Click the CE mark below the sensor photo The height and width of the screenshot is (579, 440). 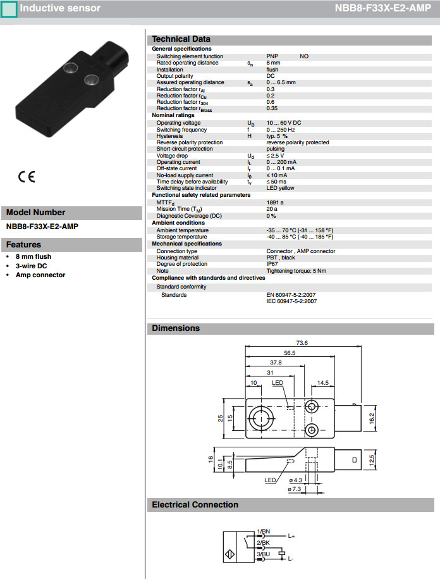click(26, 177)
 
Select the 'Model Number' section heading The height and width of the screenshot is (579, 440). click(36, 213)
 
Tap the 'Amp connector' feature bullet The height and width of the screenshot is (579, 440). click(40, 275)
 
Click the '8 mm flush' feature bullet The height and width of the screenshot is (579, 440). click(34, 256)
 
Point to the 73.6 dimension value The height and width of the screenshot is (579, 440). click(302, 342)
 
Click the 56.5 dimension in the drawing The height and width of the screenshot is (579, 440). click(290, 353)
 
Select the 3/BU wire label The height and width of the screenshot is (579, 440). click(263, 554)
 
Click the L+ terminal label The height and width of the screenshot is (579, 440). click(291, 536)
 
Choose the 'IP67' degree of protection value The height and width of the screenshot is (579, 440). click(272, 264)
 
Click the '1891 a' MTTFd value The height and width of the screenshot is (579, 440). click(275, 202)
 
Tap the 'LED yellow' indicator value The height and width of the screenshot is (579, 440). click(280, 188)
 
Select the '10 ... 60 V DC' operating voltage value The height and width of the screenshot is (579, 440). click(284, 123)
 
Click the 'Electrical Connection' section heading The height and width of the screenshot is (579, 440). click(195, 504)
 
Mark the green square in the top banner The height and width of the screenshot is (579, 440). click(8, 9)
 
